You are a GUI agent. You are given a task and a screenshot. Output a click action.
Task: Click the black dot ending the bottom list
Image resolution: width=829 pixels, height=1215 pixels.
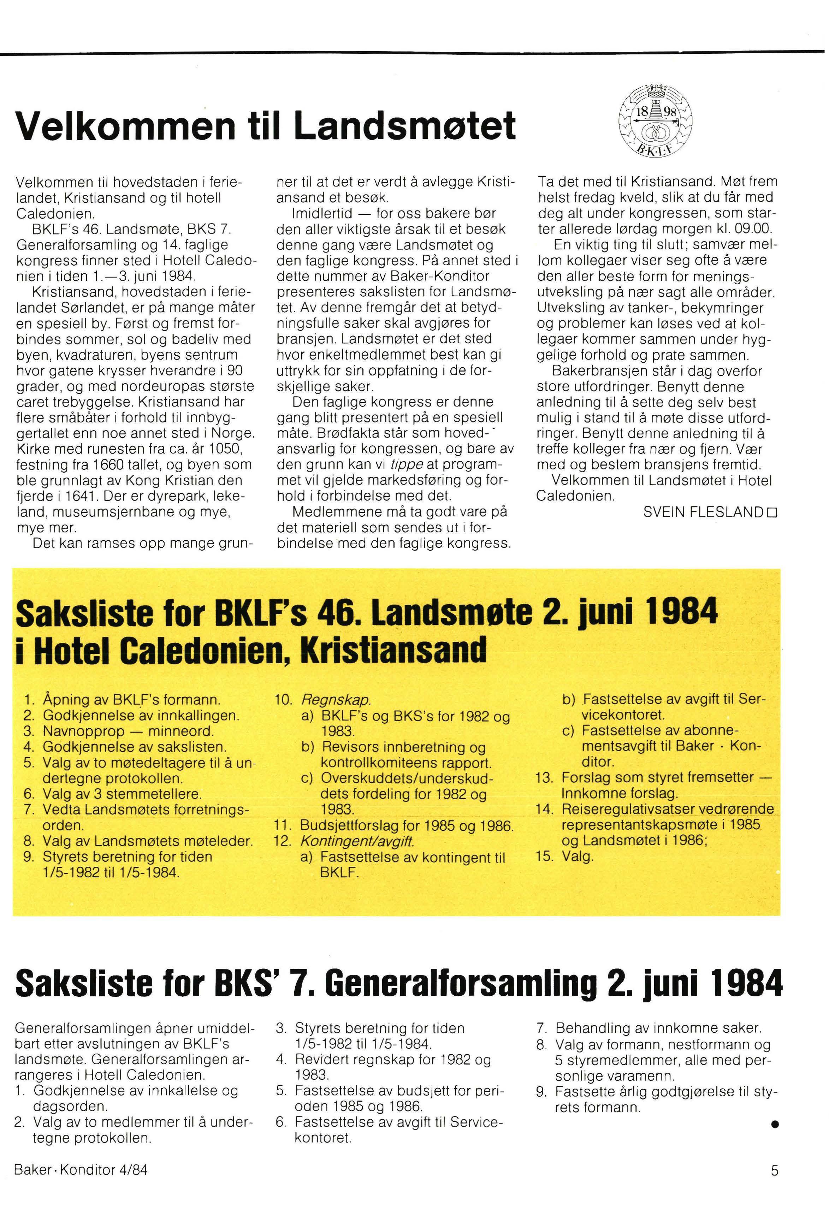pyautogui.click(x=775, y=1123)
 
